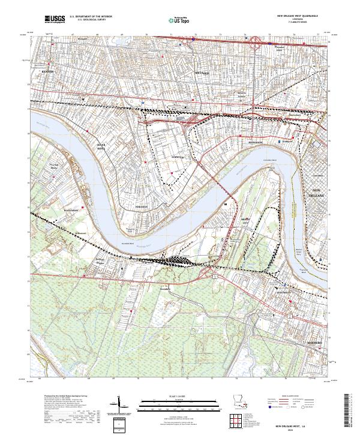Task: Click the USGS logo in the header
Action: pyautogui.click(x=56, y=20)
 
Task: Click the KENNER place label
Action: pyautogui.click(x=48, y=71)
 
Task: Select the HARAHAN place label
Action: pyautogui.click(x=141, y=205)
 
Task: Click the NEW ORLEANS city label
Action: pyautogui.click(x=317, y=193)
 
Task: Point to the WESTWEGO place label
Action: pyautogui.click(x=283, y=292)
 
